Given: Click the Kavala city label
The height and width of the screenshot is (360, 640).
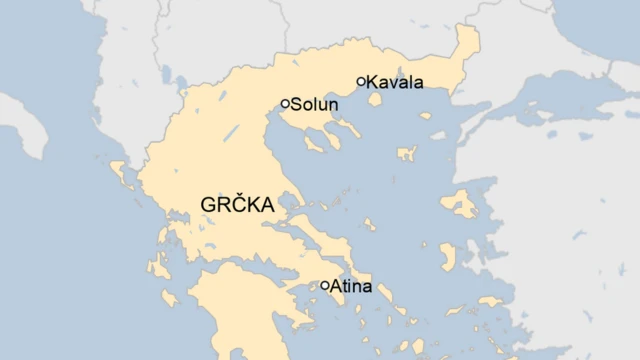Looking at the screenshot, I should click(x=396, y=82).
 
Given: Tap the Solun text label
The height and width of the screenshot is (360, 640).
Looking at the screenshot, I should click(x=316, y=104).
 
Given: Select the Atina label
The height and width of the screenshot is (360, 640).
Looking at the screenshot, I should click(x=351, y=287).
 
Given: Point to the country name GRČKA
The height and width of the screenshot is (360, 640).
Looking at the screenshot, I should click(x=237, y=204).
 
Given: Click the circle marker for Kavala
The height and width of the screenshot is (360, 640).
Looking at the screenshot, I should click(x=361, y=82).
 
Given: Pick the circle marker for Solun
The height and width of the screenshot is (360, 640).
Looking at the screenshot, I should click(x=285, y=103).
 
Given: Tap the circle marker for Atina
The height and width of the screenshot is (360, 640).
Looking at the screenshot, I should click(x=325, y=285).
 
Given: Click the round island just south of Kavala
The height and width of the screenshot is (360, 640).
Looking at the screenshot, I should click(x=376, y=99).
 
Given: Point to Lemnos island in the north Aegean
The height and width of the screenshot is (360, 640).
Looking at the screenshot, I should click(x=406, y=154).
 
